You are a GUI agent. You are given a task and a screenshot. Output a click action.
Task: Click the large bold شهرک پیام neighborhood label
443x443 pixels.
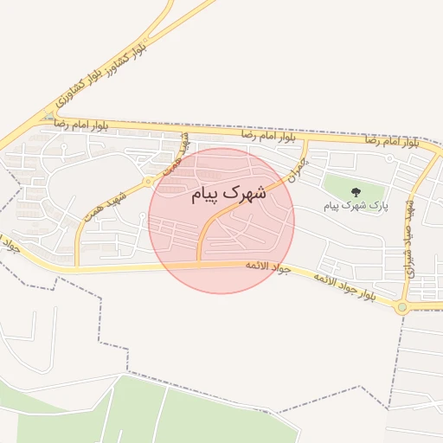click(x=229, y=195)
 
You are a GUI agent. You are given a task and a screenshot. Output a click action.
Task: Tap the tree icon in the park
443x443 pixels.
click(x=355, y=192)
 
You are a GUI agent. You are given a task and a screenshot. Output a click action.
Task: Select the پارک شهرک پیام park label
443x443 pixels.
click(x=356, y=206)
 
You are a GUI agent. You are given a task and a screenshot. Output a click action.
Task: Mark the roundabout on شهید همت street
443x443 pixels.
click(x=150, y=182)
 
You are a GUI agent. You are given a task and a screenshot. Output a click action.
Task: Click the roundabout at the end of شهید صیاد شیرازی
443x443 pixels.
click(x=401, y=306)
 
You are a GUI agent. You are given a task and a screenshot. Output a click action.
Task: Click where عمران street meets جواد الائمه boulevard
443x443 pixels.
click(x=199, y=262)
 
